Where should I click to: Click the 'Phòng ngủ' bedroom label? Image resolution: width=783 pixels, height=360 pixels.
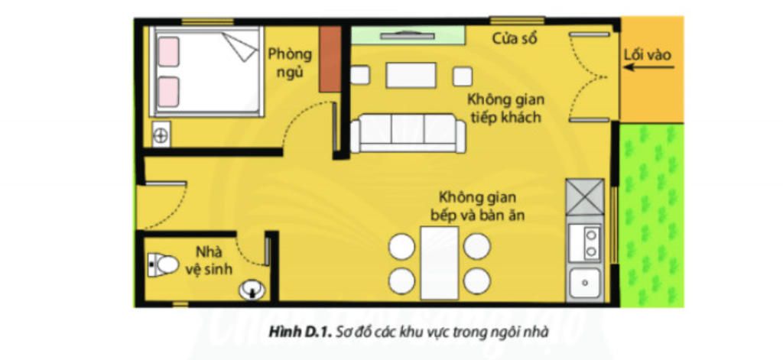tap(290, 63)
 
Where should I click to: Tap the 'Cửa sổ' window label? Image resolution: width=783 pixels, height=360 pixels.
tap(515, 38)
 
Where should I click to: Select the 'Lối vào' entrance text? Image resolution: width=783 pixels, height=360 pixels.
tap(648, 55)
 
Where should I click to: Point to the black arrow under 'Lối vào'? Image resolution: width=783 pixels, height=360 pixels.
tap(648, 67)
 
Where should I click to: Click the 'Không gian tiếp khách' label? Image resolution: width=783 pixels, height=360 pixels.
tap(505, 108)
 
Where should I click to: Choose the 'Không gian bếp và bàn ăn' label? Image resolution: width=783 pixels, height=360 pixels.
tap(477, 206)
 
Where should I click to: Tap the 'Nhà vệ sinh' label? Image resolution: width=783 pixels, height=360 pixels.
tap(209, 260)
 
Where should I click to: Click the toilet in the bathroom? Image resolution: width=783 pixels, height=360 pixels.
tap(164, 264)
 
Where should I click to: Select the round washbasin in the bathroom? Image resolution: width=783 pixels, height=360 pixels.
tap(252, 290)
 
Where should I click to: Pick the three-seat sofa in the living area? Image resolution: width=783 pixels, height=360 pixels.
tap(408, 133)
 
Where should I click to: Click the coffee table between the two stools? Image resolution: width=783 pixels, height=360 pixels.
tap(411, 76)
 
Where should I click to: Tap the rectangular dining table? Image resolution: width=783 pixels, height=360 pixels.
tap(440, 263)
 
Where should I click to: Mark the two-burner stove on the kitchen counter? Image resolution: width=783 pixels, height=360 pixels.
tap(585, 243)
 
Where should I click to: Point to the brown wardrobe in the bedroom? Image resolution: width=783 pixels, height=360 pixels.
tap(330, 59)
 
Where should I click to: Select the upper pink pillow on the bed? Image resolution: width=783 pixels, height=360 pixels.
tap(169, 51)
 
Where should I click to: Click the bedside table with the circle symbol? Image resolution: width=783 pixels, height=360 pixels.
tap(161, 135)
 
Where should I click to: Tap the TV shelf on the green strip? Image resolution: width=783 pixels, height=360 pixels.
tap(408, 36)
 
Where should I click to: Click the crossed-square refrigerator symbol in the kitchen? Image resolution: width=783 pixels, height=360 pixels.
tap(585, 197)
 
